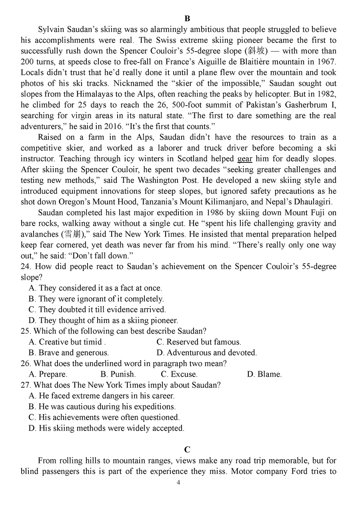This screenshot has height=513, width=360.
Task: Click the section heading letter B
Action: point(188,18)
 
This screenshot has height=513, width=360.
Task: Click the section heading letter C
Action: point(188,449)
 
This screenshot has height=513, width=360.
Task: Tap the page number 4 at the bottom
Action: point(178,482)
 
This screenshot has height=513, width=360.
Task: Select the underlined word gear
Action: point(245,159)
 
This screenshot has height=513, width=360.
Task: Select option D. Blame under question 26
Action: point(264,374)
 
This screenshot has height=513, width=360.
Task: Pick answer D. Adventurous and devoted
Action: point(206,353)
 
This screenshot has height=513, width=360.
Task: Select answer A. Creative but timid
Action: point(67,342)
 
